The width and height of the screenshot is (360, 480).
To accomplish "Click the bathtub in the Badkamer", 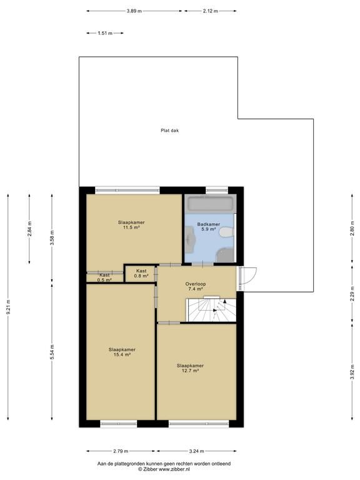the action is [x=210, y=203].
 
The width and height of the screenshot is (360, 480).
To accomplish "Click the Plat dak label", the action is [x=169, y=131].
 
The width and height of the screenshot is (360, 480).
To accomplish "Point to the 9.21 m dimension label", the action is [x=8, y=307].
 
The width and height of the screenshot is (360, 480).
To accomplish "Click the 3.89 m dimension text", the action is [x=134, y=11].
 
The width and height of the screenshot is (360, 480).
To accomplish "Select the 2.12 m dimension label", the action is [x=210, y=11].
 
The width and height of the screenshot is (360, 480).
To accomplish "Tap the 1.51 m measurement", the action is [x=105, y=33].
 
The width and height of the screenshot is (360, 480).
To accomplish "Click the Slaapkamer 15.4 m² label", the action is [x=122, y=352].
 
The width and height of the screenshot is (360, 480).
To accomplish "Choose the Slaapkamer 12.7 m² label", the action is [x=190, y=368].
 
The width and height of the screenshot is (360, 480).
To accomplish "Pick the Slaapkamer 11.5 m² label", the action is [x=131, y=225].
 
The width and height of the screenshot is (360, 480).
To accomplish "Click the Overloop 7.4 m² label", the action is [x=196, y=286].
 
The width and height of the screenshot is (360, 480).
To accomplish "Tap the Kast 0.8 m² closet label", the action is [x=141, y=273].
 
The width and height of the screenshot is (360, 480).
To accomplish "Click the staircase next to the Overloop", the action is [x=212, y=310].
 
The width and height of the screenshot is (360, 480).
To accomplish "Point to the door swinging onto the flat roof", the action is [x=247, y=279].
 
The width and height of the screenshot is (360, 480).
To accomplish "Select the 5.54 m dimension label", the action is [x=52, y=352].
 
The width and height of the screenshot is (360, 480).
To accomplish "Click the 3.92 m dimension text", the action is [x=352, y=372].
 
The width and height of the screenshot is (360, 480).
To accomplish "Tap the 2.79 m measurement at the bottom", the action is [x=121, y=451].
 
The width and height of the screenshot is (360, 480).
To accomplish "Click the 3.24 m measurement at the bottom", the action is [x=196, y=451].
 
